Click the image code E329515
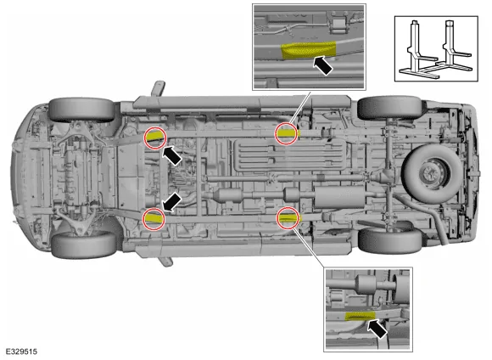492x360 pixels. tap(21, 352)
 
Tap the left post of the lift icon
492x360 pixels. tap(414, 47)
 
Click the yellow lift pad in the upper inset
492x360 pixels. tap(309, 50)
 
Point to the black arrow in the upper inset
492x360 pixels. tap(323, 65)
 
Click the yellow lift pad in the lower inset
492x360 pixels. tap(360, 316)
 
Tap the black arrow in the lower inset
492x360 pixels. tap(377, 329)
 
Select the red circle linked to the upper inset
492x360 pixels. tap(287, 134)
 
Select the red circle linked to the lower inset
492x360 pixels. tap(288, 217)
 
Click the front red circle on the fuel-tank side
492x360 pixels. tap(155, 138)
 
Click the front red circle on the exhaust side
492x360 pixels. tap(154, 219)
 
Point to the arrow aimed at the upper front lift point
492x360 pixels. tap(172, 155)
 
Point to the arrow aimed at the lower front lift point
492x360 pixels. tap(172, 202)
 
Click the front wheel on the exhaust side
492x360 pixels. tap(84, 245)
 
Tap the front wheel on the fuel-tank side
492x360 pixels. tap(81, 110)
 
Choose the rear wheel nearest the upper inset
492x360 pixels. tap(389, 108)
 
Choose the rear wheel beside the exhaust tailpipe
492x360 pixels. tap(390, 240)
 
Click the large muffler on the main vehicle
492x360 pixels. tap(339, 197)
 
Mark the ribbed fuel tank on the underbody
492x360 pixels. tap(290, 155)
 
